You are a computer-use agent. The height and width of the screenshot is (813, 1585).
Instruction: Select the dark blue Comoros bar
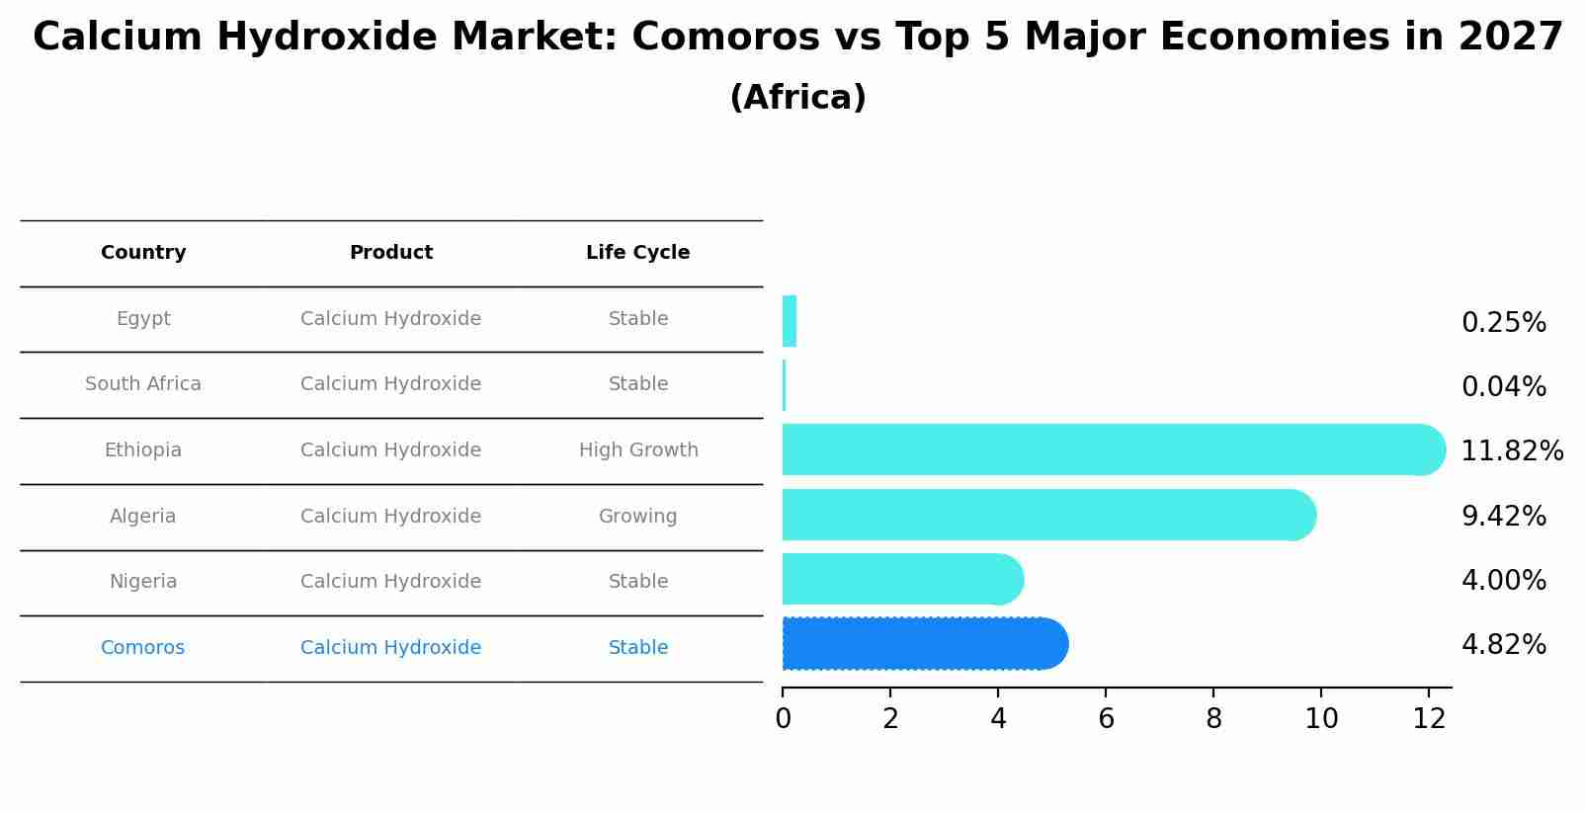tap(924, 644)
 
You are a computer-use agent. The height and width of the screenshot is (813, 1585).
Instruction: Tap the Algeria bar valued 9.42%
tap(1047, 515)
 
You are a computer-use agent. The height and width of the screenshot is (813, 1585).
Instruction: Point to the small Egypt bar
tap(790, 321)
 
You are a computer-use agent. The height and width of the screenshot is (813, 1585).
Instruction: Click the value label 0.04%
tap(1503, 387)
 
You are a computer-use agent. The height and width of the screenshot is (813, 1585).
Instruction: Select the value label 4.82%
tap(1503, 645)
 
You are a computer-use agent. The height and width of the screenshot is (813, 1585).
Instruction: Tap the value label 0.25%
tap(1503, 323)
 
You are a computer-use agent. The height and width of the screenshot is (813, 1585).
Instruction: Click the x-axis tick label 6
tap(1106, 719)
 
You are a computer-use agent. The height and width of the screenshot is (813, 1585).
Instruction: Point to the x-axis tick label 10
tap(1321, 719)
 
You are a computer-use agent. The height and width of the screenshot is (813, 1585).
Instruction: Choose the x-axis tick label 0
tap(783, 719)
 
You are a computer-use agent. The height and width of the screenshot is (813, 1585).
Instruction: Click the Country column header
tap(143, 253)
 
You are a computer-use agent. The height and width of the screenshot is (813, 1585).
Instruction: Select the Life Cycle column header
tap(637, 253)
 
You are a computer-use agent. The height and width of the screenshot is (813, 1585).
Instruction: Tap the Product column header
tap(391, 253)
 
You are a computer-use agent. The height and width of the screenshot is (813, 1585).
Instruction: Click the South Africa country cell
tap(143, 384)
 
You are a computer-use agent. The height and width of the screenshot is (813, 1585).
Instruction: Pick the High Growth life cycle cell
tap(638, 450)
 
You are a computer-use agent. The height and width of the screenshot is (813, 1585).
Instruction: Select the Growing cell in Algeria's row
tap(637, 517)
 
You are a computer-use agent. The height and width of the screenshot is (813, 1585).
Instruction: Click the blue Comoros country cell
tap(142, 648)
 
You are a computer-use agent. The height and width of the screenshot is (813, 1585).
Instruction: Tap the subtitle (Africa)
tap(797, 98)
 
